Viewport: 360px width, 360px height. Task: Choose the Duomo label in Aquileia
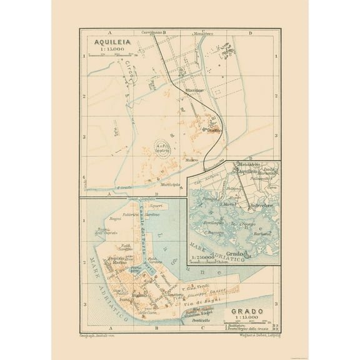[215, 131]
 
